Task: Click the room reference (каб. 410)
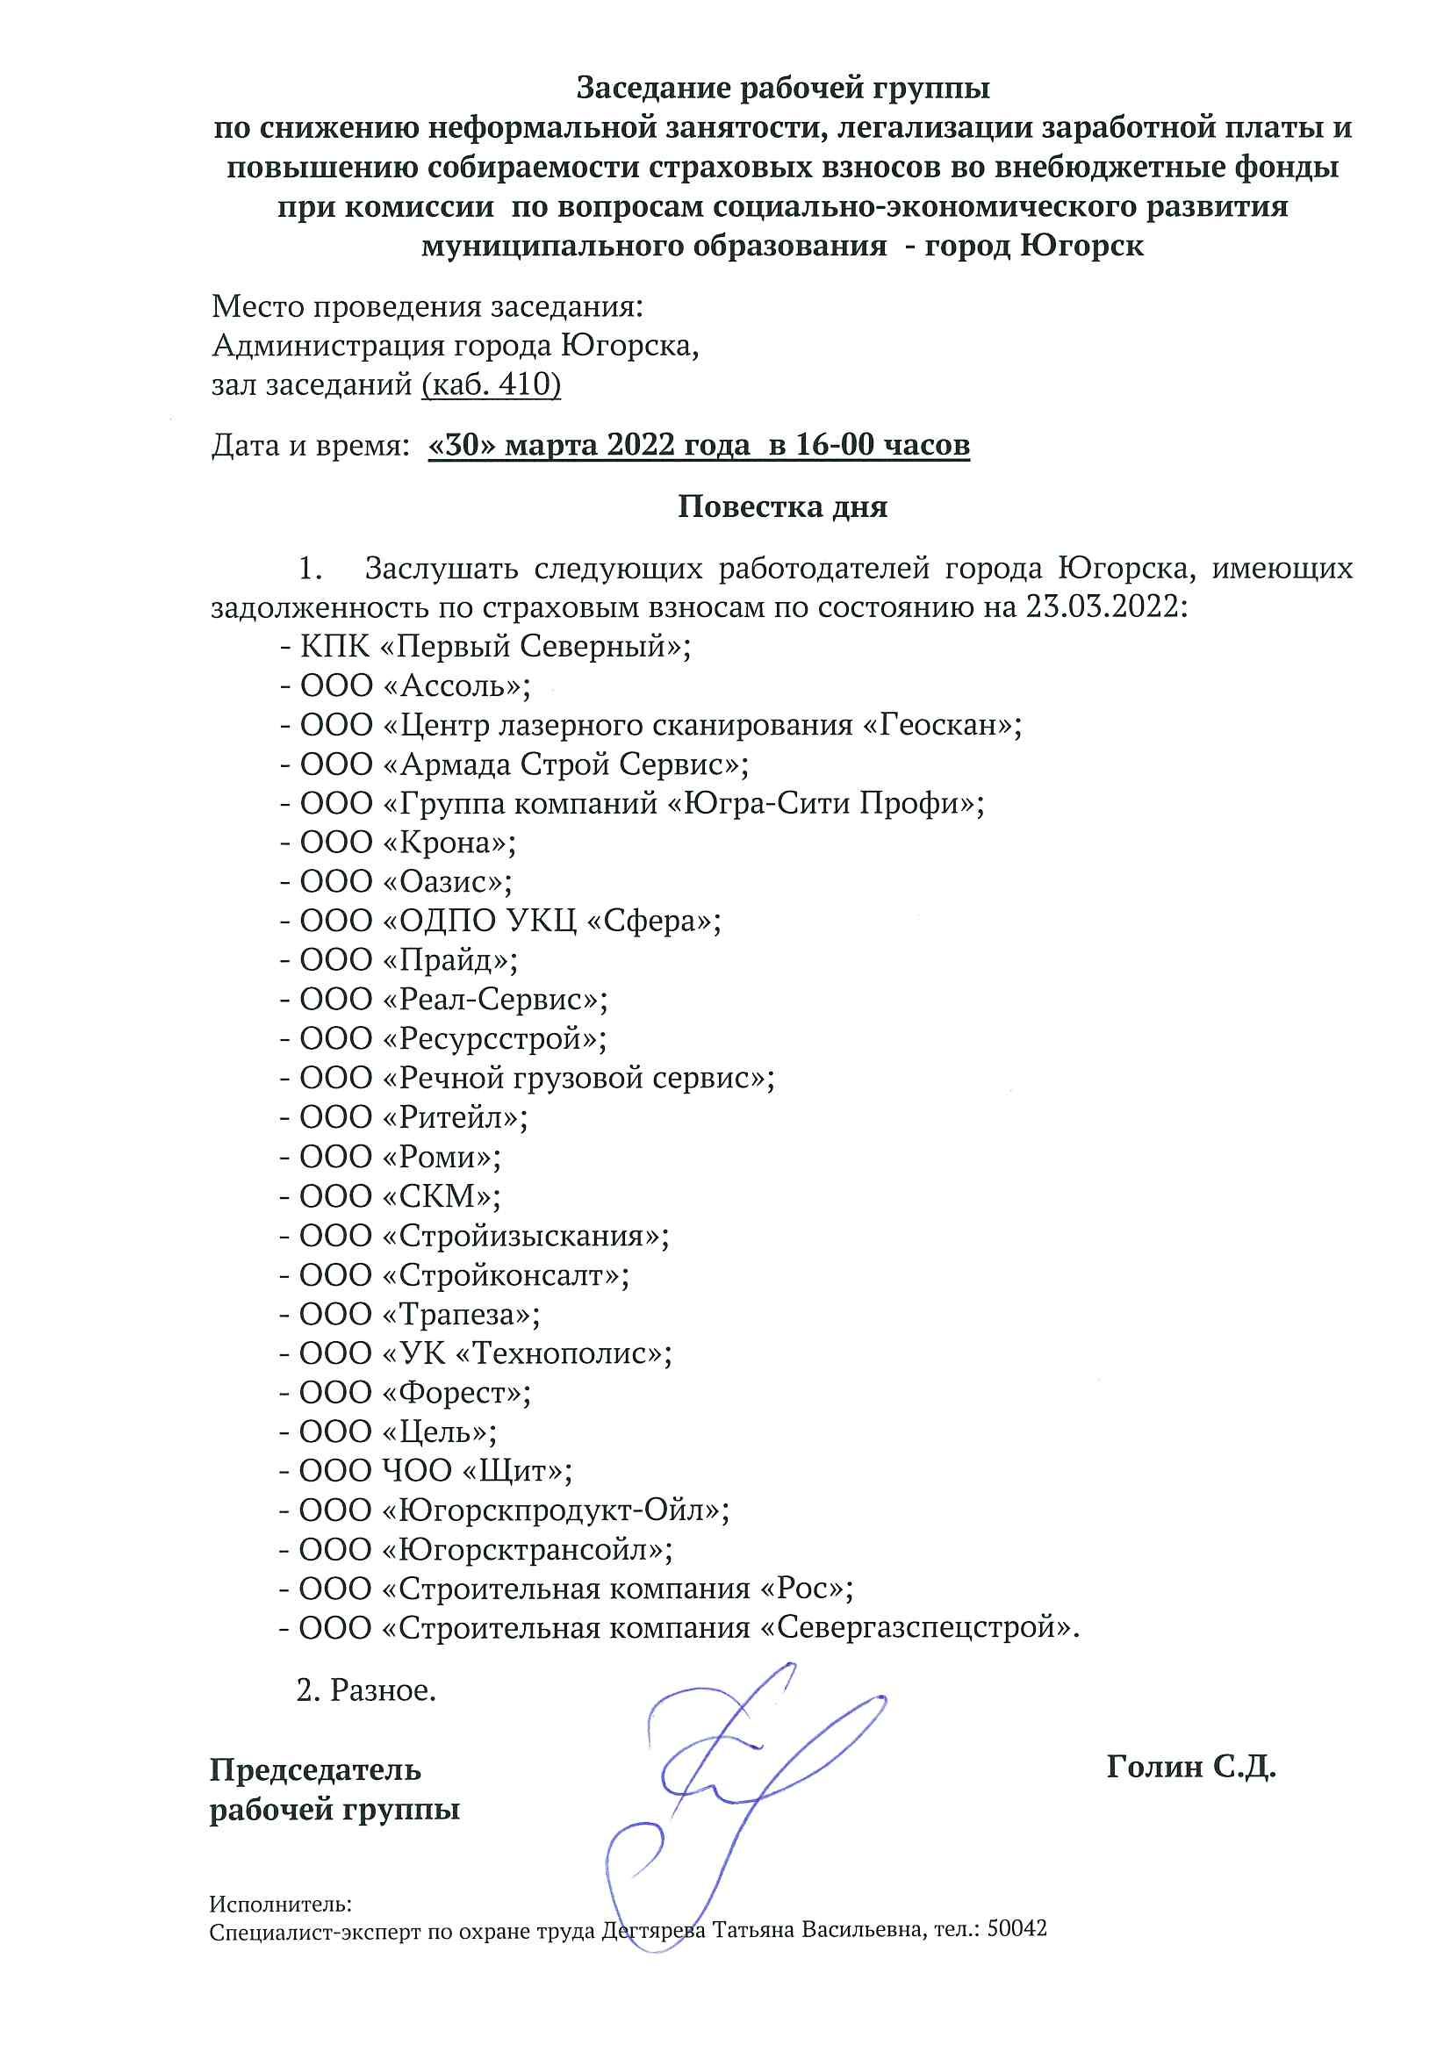click(x=491, y=385)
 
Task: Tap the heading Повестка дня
click(x=782, y=506)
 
